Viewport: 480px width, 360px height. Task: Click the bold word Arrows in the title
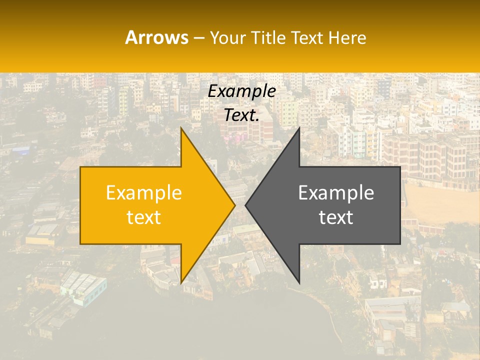pyautogui.click(x=156, y=37)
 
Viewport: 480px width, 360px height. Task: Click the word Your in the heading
pyautogui.click(x=227, y=38)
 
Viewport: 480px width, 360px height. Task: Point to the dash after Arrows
pyautogui.click(x=198, y=38)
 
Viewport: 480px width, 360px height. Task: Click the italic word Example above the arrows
pyautogui.click(x=241, y=91)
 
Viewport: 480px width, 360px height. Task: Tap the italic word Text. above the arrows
pyautogui.click(x=241, y=115)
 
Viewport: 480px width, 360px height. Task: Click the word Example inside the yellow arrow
pyautogui.click(x=144, y=193)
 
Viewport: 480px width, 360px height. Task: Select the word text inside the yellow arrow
pyautogui.click(x=144, y=217)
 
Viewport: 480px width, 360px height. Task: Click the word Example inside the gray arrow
pyautogui.click(x=336, y=193)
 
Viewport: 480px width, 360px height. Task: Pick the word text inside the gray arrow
pyautogui.click(x=336, y=217)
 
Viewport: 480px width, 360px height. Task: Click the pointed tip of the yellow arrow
pyautogui.click(x=235, y=205)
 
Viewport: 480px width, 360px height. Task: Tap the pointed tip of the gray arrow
pyautogui.click(x=245, y=205)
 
